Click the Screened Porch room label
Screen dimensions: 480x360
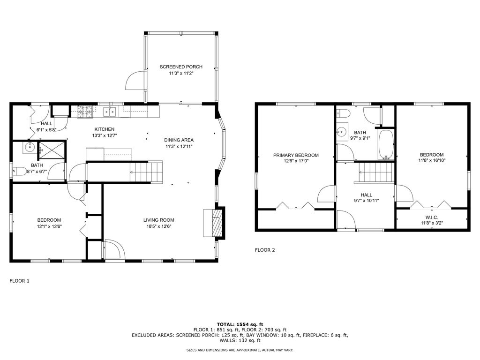pos(181,67)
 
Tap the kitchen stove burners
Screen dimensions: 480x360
pos(85,112)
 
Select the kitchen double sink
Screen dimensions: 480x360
pos(110,112)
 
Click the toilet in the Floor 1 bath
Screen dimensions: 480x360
pos(20,171)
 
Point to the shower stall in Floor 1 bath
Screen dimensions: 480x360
pos(52,150)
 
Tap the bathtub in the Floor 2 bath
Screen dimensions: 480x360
pos(386,144)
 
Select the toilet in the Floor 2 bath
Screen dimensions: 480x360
pos(344,113)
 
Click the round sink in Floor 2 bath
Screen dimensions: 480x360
pos(342,132)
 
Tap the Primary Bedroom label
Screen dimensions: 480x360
pos(296,155)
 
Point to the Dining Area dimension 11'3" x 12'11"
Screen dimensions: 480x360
pos(179,146)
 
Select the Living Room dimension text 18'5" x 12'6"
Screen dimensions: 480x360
pos(158,226)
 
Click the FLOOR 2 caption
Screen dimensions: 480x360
pos(265,250)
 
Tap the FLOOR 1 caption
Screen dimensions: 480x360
pos(19,281)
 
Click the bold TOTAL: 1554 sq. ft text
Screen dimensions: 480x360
pos(240,324)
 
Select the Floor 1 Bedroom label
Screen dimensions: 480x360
pos(49,220)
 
